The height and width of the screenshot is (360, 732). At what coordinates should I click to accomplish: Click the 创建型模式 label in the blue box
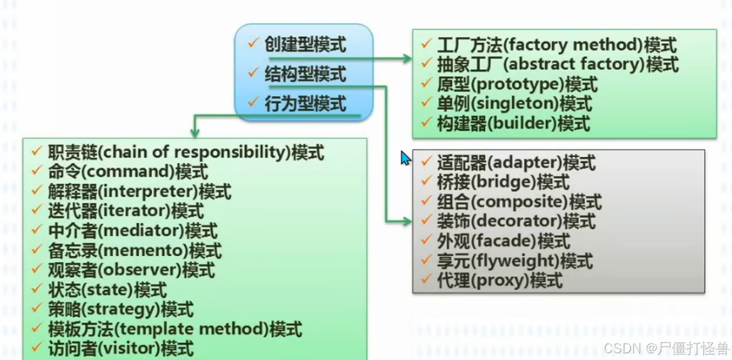pyautogui.click(x=305, y=44)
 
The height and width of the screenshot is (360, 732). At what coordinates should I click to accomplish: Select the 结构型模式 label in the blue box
pyautogui.click(x=305, y=74)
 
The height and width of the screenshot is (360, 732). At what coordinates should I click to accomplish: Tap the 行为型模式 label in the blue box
pyautogui.click(x=305, y=104)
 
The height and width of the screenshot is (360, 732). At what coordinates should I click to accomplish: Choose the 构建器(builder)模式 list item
pyautogui.click(x=513, y=123)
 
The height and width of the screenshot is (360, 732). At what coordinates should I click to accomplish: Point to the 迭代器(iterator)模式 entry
pyautogui.click(x=125, y=212)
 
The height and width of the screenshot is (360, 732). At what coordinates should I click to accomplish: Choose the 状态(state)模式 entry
pyautogui.click(x=106, y=290)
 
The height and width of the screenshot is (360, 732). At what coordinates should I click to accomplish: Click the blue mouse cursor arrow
pyautogui.click(x=405, y=158)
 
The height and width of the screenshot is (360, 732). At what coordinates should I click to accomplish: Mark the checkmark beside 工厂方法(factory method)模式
pyautogui.click(x=426, y=44)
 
